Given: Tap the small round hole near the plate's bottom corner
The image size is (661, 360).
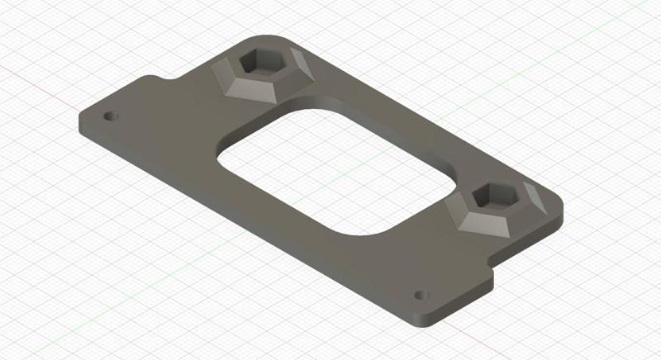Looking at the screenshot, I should (x=421, y=294).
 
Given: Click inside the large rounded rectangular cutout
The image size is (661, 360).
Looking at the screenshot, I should (x=330, y=173).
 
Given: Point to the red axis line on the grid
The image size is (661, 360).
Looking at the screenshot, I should (x=33, y=78).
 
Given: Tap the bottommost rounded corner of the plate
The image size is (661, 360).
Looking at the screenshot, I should (x=421, y=319).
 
